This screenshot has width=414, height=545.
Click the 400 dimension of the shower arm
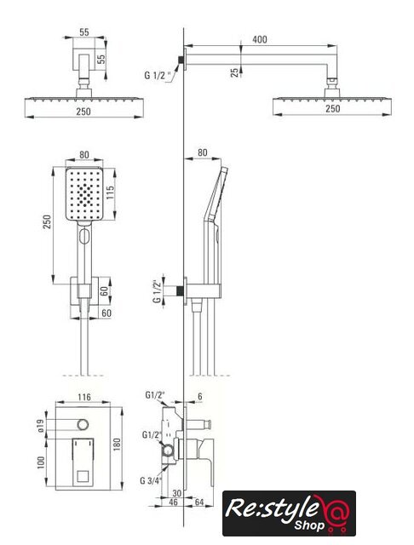[x=260, y=39]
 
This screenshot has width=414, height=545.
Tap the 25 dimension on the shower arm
[x=235, y=72]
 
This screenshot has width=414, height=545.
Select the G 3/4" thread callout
[x=152, y=480]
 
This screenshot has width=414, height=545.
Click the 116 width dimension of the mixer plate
[x=84, y=397]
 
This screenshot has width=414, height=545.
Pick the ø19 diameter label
[x=41, y=426]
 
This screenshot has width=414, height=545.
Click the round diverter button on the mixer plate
[x=83, y=424]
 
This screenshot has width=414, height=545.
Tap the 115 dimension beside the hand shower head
[x=110, y=192]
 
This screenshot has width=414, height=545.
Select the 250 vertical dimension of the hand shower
[x=47, y=222]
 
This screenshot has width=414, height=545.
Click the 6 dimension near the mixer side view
[x=200, y=396]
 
